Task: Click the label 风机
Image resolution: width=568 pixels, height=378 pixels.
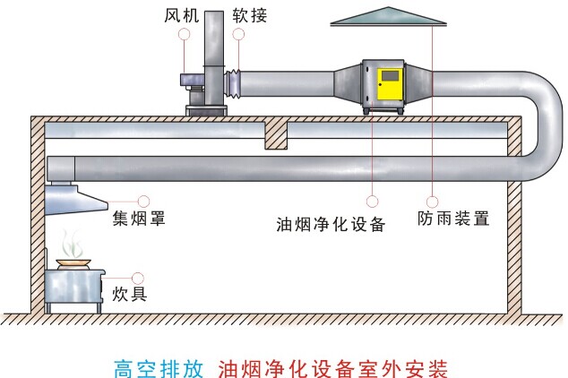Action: [x=182, y=15]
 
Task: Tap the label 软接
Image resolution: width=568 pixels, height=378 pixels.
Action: [x=250, y=15]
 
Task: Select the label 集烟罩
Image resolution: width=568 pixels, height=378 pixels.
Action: [x=139, y=219]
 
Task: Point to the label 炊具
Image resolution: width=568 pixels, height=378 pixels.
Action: [x=129, y=294]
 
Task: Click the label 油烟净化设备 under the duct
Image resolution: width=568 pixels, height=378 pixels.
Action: [x=331, y=224]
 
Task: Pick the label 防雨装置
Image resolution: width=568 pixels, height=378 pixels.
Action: [x=453, y=219]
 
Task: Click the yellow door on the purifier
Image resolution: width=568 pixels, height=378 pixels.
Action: [x=390, y=84]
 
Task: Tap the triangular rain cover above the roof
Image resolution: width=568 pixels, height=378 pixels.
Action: [x=388, y=17]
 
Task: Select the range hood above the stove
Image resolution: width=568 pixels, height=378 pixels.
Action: [x=75, y=199]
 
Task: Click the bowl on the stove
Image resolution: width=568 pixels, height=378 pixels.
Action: [x=73, y=263]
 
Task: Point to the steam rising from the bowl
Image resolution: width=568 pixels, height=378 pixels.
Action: [x=71, y=244]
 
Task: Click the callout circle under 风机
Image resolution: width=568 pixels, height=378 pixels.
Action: [x=184, y=34]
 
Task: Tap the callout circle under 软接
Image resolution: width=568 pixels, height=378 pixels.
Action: [x=238, y=34]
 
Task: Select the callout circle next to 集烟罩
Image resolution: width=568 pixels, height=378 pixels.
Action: [x=144, y=202]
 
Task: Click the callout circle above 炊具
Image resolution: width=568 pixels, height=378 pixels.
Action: [x=138, y=278]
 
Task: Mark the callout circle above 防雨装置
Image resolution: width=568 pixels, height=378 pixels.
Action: [x=432, y=202]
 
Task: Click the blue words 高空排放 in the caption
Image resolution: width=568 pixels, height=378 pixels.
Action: [x=159, y=369]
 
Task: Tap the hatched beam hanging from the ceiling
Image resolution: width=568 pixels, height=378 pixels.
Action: [x=276, y=135]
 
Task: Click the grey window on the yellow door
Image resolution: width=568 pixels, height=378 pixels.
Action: [x=391, y=76]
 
